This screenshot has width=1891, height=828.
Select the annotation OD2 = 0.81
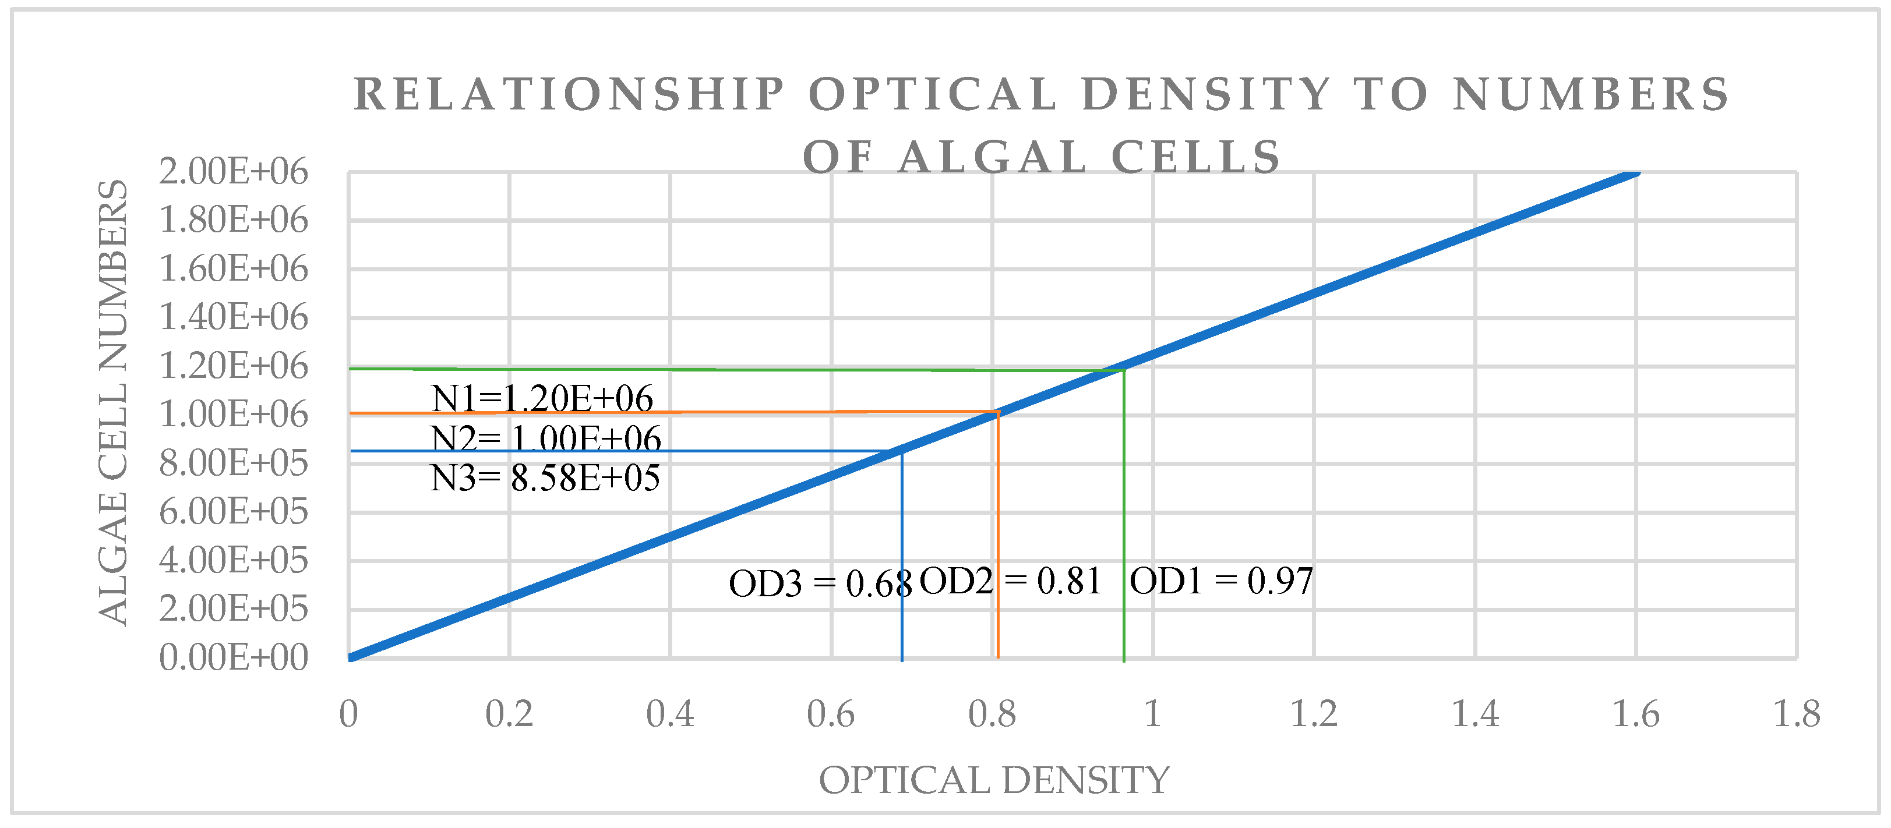coord(1010,581)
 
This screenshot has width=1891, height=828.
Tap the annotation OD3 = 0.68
coord(820,584)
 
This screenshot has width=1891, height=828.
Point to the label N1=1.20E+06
coord(542,399)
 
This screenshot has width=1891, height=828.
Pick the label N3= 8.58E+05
coord(545,478)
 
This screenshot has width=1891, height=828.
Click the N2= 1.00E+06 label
coord(546,439)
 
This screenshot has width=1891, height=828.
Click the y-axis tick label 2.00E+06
coord(234,172)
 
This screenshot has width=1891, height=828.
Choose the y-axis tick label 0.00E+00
coord(234,657)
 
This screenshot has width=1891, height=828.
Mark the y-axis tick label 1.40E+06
coord(234,317)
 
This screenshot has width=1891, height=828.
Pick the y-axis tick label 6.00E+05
coord(234,512)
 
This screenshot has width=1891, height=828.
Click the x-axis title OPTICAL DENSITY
coord(994,780)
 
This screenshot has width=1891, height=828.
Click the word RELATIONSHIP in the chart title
coord(570,95)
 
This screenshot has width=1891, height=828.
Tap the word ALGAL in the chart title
coord(993,157)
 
